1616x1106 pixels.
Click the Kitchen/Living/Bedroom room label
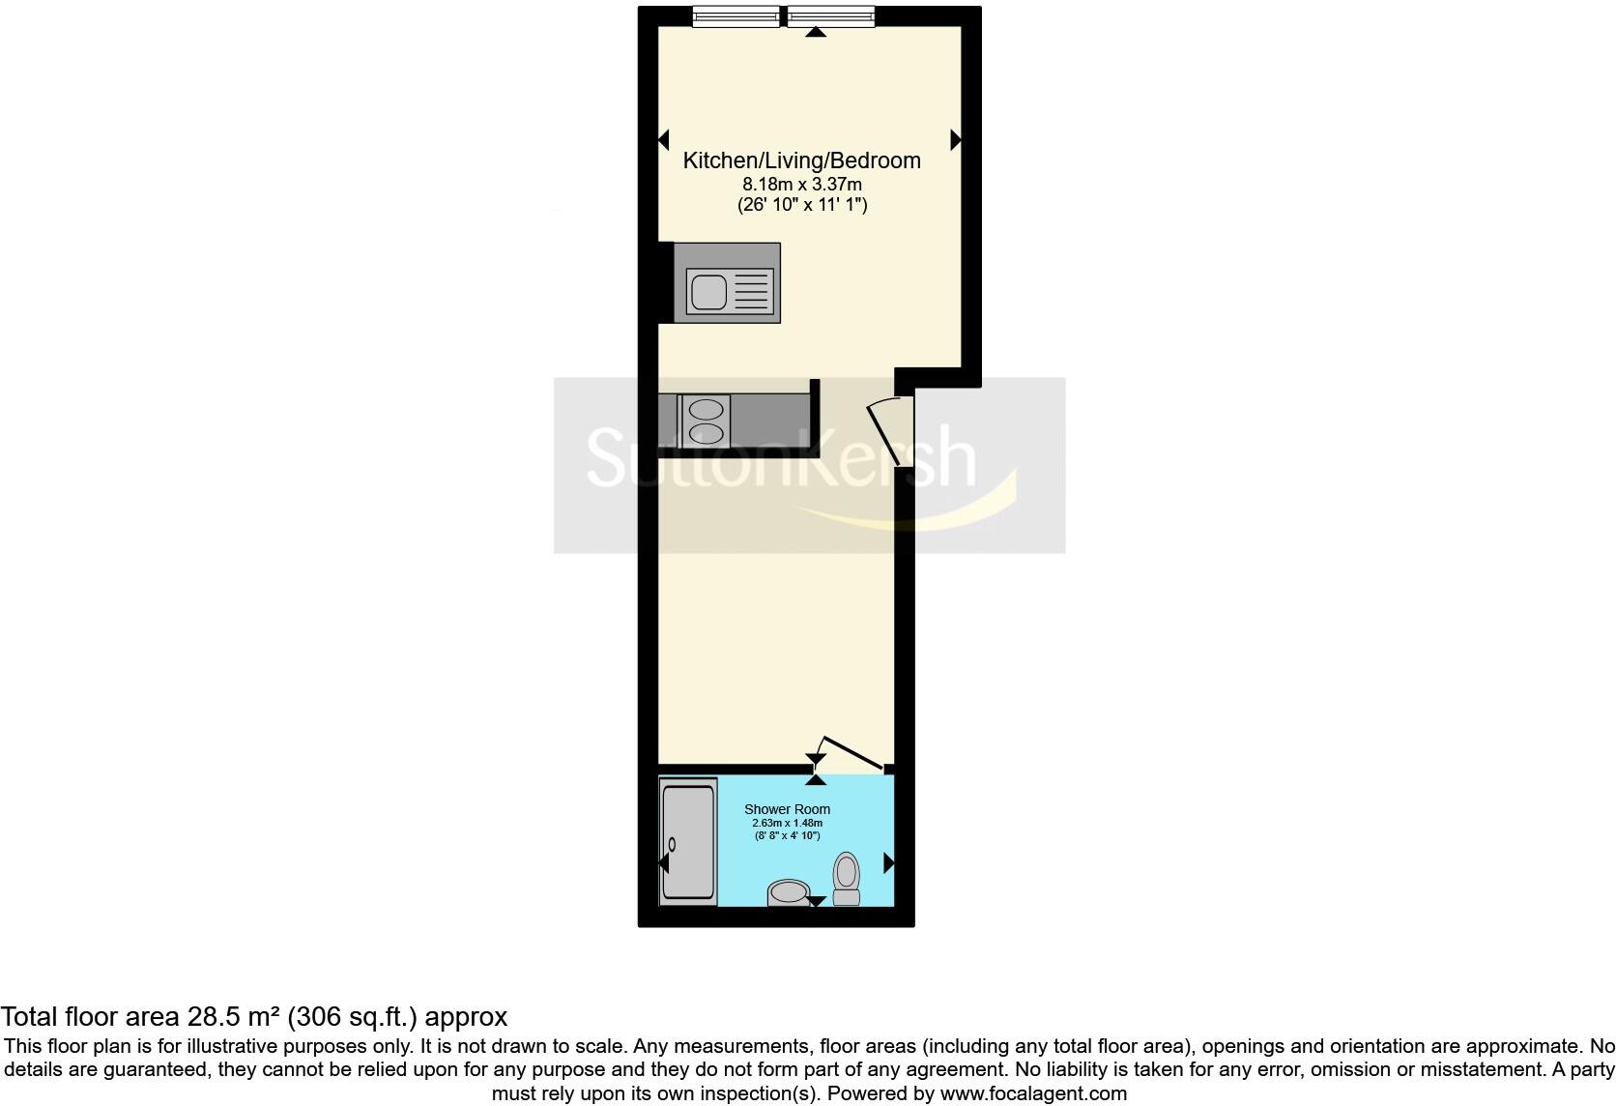point(801,160)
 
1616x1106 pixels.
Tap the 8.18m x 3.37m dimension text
point(801,184)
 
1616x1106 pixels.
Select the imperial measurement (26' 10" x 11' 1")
point(801,205)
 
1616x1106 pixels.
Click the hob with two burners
point(705,421)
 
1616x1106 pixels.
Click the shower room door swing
point(851,754)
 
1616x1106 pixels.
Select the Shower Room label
point(787,809)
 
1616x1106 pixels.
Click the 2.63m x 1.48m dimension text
point(787,823)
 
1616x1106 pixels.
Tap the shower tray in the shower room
point(689,841)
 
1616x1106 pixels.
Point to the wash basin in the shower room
point(788,892)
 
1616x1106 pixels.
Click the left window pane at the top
point(736,15)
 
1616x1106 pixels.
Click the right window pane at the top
point(831,15)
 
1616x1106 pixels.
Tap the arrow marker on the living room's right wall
point(956,139)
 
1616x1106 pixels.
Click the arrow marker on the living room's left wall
point(664,139)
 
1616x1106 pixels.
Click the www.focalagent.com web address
point(1032,1094)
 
